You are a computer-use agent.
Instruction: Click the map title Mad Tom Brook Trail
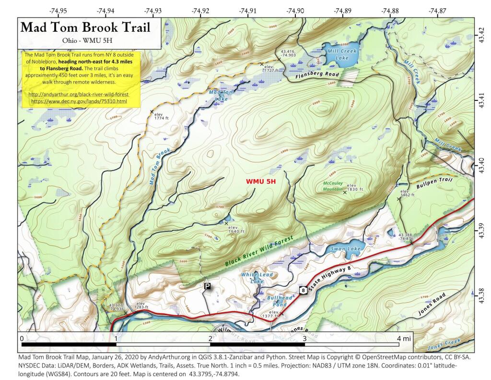(85, 27)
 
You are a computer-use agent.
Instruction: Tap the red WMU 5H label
(261, 182)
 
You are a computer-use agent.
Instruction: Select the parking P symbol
(207, 286)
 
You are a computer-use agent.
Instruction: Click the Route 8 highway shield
(304, 290)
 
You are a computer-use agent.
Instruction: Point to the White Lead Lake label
(252, 277)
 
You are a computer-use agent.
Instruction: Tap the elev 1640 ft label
(236, 229)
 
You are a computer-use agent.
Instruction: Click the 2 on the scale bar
(210, 338)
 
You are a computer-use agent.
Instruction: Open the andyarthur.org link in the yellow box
(79, 95)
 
